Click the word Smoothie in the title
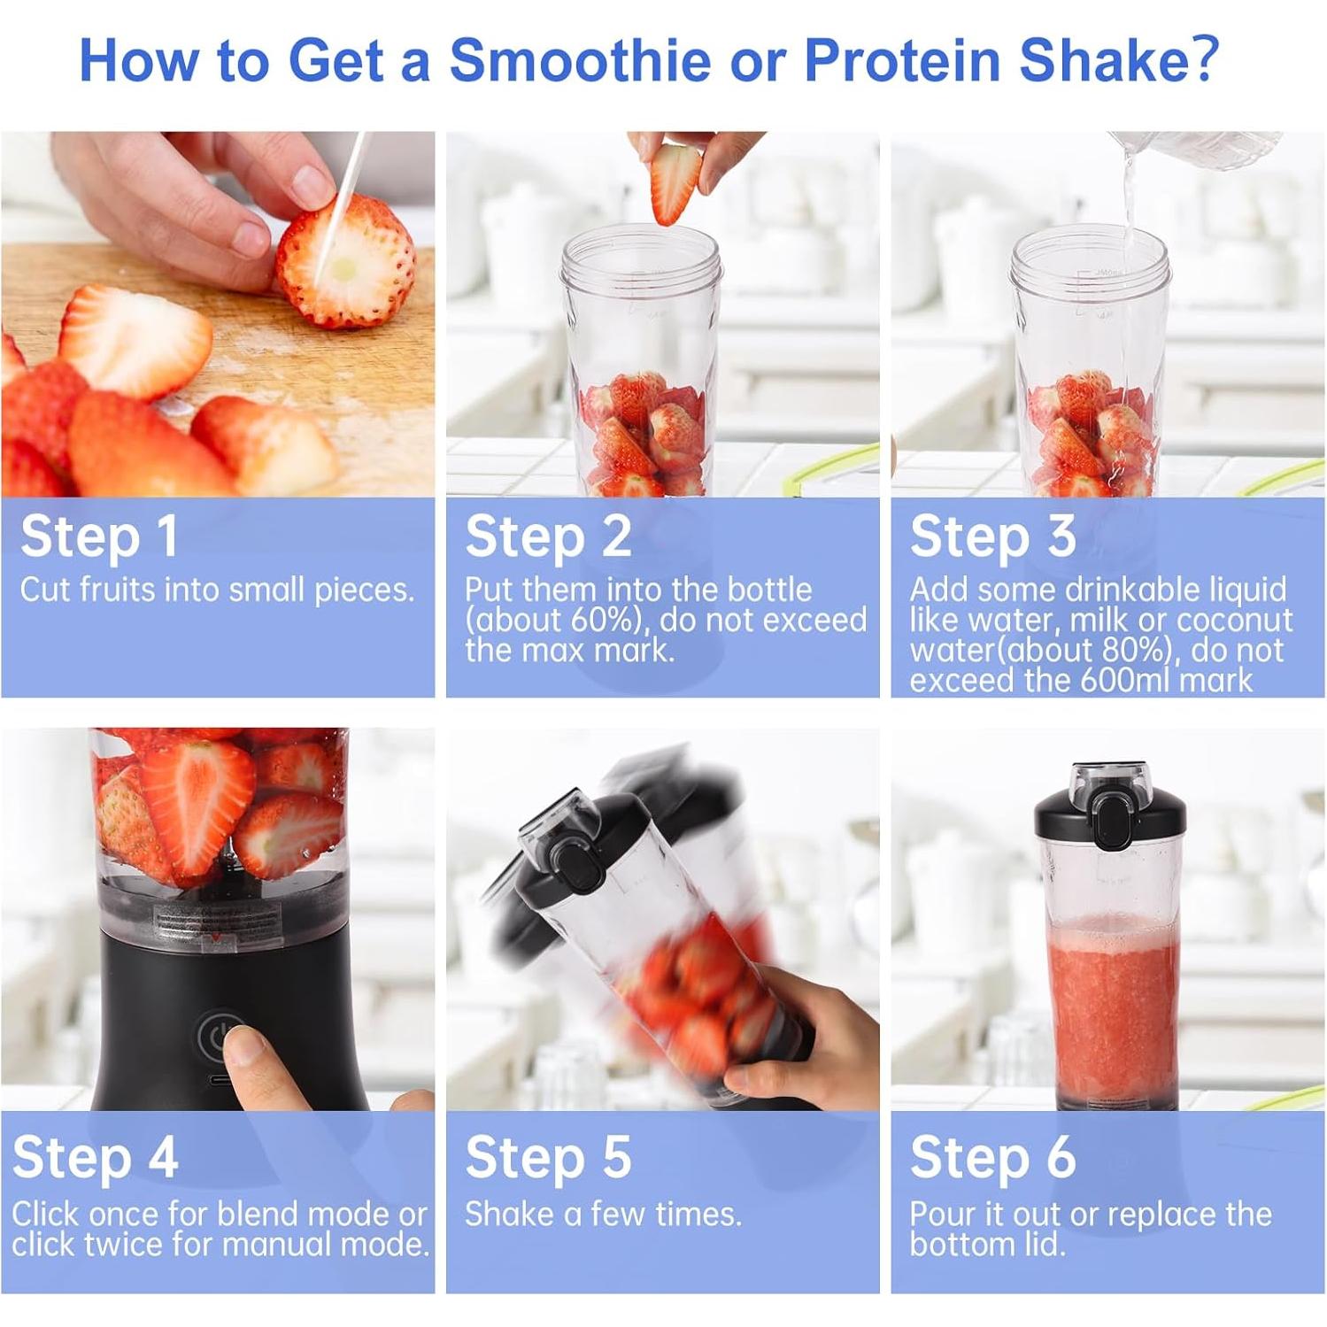point(580,60)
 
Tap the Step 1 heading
point(99,537)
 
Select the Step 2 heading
point(548,537)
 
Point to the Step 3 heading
point(992,537)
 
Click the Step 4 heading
point(96,1158)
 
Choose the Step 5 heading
point(548,1158)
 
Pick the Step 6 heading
point(992,1158)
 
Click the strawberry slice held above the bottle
point(675,183)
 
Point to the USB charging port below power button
point(219,1081)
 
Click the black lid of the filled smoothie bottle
point(1110,814)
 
